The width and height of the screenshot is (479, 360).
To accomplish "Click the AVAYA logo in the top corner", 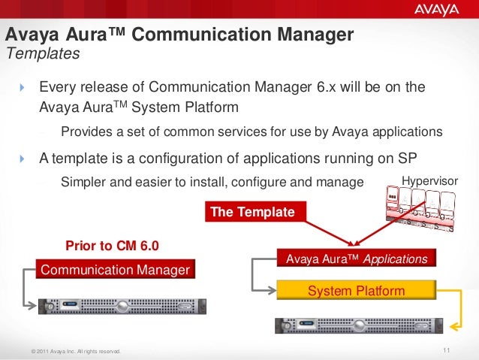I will [x=435, y=11].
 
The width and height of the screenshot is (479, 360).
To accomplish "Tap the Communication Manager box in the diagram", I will [x=115, y=269].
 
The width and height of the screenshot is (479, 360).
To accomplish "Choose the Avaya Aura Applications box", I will [x=357, y=259].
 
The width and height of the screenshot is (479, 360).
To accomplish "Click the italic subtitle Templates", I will [x=42, y=54].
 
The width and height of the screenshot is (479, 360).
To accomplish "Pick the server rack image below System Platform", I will [x=357, y=325].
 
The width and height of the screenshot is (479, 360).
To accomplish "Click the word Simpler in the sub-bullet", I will [x=83, y=181].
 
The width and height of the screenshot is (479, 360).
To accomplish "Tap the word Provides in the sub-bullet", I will [x=86, y=132].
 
